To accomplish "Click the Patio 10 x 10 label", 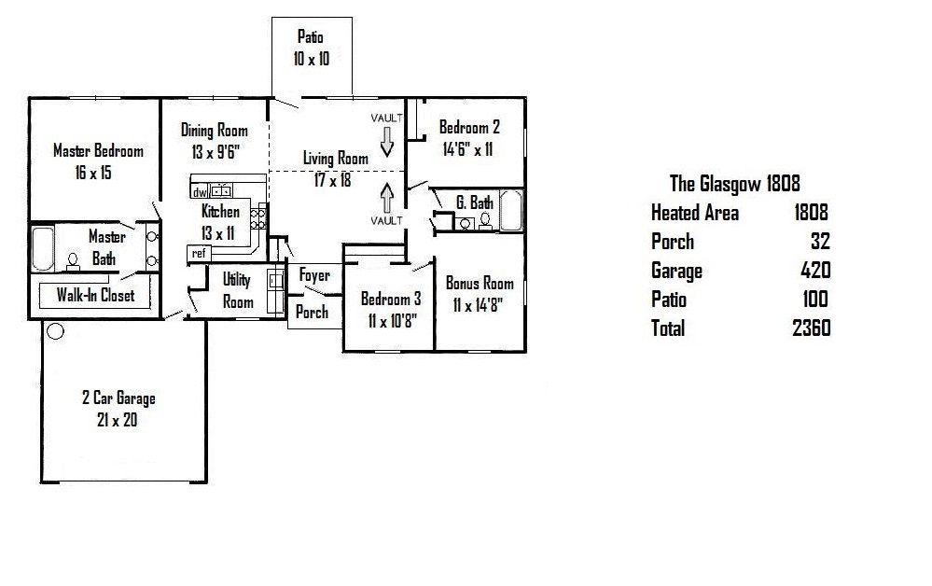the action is (311, 48).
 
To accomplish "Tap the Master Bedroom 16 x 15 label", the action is (98, 161).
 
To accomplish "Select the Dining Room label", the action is (214, 130).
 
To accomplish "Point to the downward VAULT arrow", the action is (387, 142).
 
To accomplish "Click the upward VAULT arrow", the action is (387, 198).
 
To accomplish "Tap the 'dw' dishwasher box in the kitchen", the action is (200, 192).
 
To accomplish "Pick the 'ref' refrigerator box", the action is (199, 254).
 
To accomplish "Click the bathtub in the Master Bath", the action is (42, 248).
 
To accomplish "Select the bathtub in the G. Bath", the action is (511, 210).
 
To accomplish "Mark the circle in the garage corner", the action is (55, 331).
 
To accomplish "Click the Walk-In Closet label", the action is (95, 295).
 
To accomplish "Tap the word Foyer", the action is (314, 275).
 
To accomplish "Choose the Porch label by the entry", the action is (312, 312).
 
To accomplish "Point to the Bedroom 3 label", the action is (391, 299).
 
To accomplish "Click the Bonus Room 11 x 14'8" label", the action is (480, 294).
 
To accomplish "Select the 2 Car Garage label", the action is (118, 398).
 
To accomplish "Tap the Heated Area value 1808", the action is (811, 212).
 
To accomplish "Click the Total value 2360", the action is (812, 328).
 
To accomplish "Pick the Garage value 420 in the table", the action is (815, 270).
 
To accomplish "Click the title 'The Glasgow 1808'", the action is (734, 184).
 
